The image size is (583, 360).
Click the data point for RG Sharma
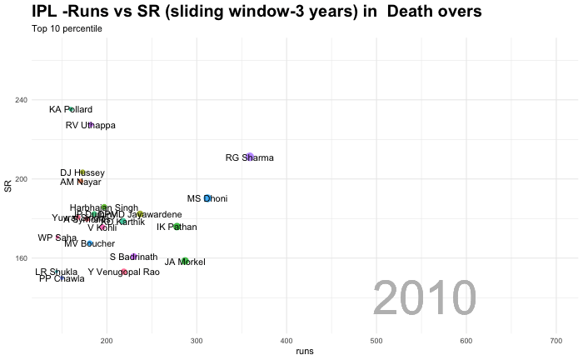tap(250, 157)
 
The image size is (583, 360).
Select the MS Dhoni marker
tap(207, 198)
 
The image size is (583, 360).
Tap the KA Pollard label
tap(71, 109)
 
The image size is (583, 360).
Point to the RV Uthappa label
tap(91, 125)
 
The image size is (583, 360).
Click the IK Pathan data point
tap(177, 226)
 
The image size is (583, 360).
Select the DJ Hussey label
tap(82, 172)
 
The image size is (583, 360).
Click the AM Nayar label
tap(81, 182)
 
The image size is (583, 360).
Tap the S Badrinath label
tap(133, 257)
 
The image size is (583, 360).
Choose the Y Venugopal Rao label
tap(123, 272)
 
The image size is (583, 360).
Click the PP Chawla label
tap(62, 278)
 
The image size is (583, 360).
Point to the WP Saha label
tap(57, 237)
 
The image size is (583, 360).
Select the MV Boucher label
tap(90, 243)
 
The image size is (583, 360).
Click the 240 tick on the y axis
tap(21, 100)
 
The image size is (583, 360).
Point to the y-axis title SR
tap(8, 187)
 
